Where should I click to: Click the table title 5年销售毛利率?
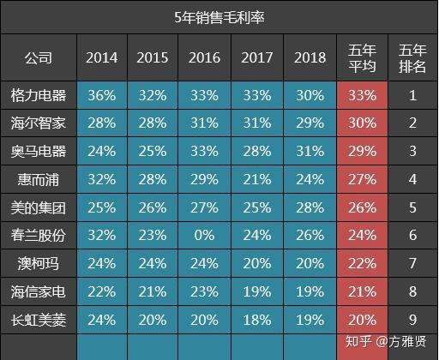[219, 17]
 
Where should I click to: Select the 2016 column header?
[204, 57]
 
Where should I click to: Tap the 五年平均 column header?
[362, 58]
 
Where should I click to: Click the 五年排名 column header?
[412, 58]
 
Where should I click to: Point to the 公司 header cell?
[39, 57]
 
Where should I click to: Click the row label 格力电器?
[39, 95]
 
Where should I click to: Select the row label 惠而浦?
[39, 179]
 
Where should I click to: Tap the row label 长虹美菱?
[39, 320]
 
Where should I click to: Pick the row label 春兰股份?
[39, 236]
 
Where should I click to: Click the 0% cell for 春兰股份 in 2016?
[204, 236]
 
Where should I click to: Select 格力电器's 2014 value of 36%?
[102, 95]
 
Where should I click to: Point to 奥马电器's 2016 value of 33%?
[204, 151]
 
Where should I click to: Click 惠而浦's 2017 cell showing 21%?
[257, 179]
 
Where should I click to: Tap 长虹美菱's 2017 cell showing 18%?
[257, 320]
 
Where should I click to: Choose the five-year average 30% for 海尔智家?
[362, 123]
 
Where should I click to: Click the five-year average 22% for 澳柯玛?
[362, 263]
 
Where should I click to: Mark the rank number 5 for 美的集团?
[412, 207]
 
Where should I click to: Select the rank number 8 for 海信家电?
[412, 291]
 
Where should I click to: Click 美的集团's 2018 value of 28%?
[310, 207]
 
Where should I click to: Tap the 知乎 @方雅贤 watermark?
[386, 341]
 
